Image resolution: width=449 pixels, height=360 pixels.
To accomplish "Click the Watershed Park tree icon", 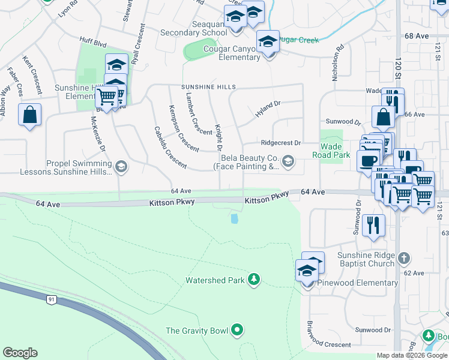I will pos(255,279).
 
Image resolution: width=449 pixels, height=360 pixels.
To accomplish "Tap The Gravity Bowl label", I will pos(199,331).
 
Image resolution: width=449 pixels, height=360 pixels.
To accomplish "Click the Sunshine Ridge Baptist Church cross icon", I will pos(404,258).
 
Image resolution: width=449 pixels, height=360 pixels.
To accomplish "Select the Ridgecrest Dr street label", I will pos(280,143).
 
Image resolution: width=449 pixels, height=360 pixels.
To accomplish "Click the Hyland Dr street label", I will pos(268,108).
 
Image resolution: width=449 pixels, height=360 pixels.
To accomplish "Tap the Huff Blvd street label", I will pos(92,43).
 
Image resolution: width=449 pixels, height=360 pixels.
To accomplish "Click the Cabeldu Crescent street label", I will pos(169,147).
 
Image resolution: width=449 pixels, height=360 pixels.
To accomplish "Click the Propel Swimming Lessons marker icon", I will pos(121,166).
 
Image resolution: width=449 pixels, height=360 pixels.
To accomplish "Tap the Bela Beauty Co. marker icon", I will pos(289,161).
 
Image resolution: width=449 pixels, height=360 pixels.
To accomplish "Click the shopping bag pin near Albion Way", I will pos(29,114).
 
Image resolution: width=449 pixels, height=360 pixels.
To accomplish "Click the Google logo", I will pos(20,352).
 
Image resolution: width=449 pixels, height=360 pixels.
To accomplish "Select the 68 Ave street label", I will pos(417,36).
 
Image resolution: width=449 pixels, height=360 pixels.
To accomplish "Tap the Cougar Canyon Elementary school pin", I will pos(268,43).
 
